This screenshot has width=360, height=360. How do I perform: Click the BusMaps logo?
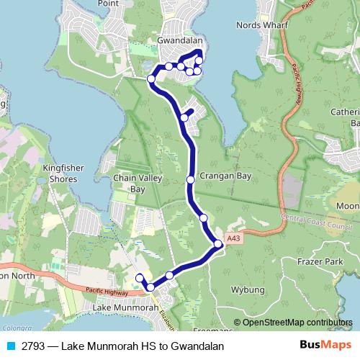click(x=326, y=346)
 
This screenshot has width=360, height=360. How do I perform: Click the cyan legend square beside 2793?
click(x=10, y=346)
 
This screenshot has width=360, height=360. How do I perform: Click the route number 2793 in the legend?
click(x=35, y=346)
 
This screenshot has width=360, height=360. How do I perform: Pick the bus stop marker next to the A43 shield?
click(x=218, y=244)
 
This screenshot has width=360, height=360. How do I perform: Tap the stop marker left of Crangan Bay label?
click(x=190, y=180)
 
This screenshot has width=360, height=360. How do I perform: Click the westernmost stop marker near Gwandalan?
click(x=151, y=78)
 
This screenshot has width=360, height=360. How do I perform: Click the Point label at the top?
click(x=108, y=4)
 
